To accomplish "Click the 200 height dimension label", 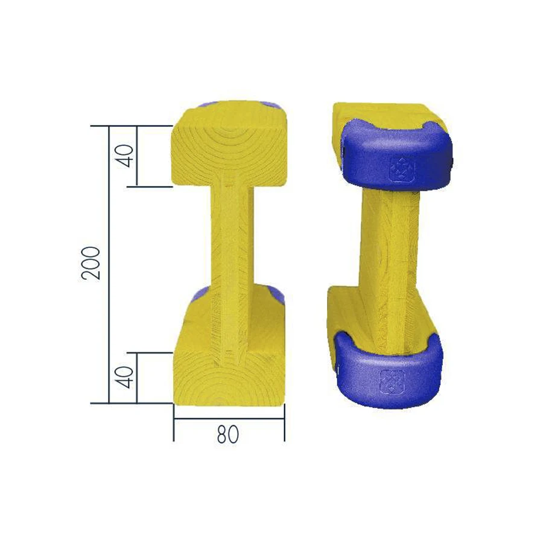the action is point(91,263).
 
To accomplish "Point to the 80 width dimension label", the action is point(228,434).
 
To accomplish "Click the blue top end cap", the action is point(396,155).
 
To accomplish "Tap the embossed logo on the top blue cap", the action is point(402,170).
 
